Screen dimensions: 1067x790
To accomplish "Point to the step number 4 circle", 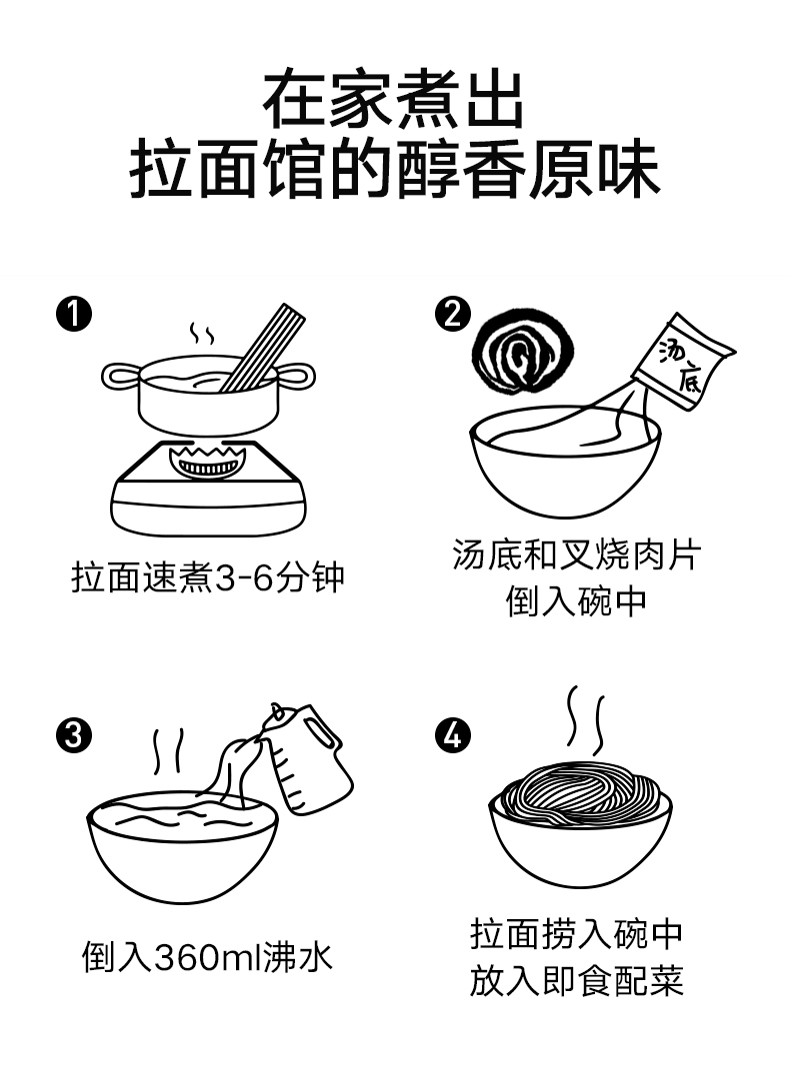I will pos(452,737).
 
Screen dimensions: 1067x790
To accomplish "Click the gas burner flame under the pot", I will pos(207,463).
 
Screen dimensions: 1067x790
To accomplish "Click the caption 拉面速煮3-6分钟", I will pos(208,576).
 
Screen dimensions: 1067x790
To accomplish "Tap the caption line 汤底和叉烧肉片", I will pos(576,554).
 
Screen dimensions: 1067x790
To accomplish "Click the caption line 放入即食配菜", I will pos(576,980).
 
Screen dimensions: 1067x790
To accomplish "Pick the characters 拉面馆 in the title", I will pos(229,171).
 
